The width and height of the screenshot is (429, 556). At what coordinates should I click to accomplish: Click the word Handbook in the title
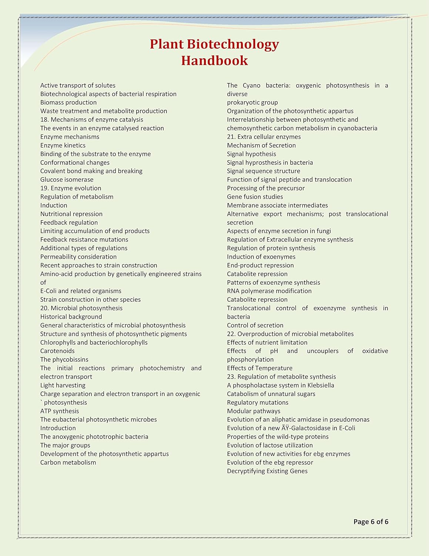pyautogui.click(x=214, y=60)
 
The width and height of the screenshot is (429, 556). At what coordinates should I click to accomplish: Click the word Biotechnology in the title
pyautogui.click(x=232, y=44)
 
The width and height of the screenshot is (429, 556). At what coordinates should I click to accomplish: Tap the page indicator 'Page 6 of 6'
pyautogui.click(x=371, y=522)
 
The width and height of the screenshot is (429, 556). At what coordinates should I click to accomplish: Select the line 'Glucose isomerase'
pyautogui.click(x=67, y=180)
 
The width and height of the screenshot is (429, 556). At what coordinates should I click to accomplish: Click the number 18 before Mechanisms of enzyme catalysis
pyautogui.click(x=44, y=120)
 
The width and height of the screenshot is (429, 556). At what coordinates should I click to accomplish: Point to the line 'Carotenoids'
pyautogui.click(x=57, y=351)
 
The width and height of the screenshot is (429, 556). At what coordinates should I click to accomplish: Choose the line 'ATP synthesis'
pyautogui.click(x=60, y=411)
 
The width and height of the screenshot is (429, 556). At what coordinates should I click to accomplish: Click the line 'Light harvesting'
pyautogui.click(x=63, y=385)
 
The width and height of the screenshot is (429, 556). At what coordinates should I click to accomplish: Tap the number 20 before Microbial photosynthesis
pyautogui.click(x=44, y=308)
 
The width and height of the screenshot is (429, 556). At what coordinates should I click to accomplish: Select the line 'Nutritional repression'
pyautogui.click(x=71, y=214)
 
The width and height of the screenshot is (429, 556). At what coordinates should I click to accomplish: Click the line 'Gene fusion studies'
pyautogui.click(x=255, y=197)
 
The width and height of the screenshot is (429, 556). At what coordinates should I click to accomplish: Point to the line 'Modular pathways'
pyautogui.click(x=254, y=411)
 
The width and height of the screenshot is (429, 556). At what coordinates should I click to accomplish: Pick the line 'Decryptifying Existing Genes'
pyautogui.click(x=267, y=471)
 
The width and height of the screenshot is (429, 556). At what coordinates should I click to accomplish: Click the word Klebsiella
pyautogui.click(x=321, y=385)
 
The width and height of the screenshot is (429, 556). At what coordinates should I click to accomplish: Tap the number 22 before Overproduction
pyautogui.click(x=231, y=334)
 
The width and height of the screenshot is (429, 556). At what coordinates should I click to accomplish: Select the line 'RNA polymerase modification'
pyautogui.click(x=269, y=291)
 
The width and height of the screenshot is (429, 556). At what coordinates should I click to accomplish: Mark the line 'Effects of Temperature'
pyautogui.click(x=259, y=368)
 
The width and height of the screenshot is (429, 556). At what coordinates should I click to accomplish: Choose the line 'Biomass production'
pyautogui.click(x=68, y=103)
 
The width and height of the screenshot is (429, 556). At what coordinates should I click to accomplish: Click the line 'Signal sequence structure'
pyautogui.click(x=263, y=171)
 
